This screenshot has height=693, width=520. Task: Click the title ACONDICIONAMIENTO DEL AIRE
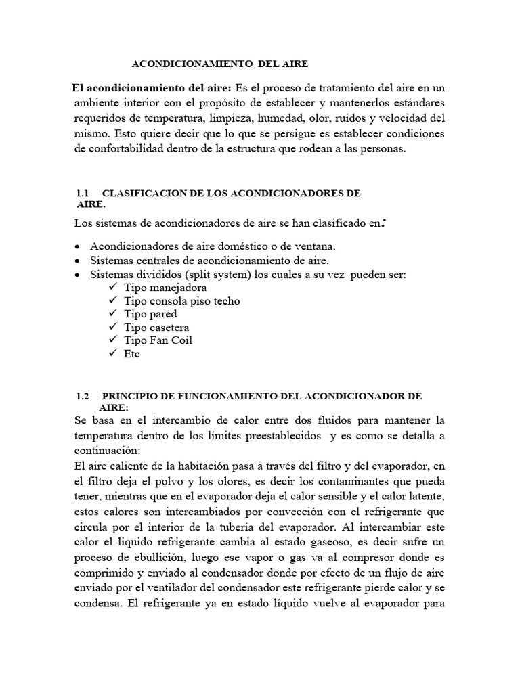[219, 64]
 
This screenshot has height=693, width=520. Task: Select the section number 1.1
[84, 193]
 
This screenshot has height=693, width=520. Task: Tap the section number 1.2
[83, 395]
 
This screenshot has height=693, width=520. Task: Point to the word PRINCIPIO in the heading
[132, 395]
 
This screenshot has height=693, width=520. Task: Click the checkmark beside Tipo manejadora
[112, 288]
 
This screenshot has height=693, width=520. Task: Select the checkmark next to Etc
[112, 353]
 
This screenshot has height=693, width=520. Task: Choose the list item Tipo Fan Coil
[158, 340]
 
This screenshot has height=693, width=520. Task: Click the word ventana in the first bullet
[317, 247]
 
